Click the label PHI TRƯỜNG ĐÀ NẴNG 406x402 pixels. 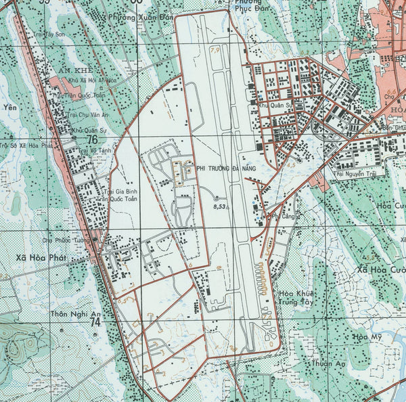coord(227,164)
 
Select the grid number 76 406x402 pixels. coord(92,139)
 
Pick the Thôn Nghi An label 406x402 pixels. coord(75,314)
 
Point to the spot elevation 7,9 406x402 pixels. coord(215,49)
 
